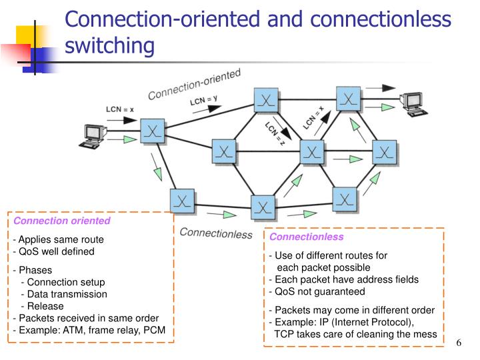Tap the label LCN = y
pos(204,101)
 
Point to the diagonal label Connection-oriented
pos(194,84)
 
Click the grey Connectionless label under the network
pos(217,233)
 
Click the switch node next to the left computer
pos(153,129)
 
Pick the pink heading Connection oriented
pos(62,221)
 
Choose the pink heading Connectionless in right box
pos(306,237)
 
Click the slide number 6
pos(459,343)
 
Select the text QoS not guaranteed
pos(317,291)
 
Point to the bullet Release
pos(45,306)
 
